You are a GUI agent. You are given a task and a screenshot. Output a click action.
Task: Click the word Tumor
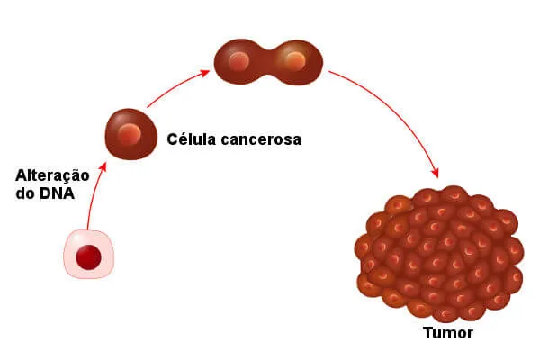click(x=448, y=333)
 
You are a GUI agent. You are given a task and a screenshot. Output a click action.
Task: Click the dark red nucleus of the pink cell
click(x=88, y=256)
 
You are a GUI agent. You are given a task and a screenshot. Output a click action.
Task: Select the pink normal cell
click(x=88, y=253)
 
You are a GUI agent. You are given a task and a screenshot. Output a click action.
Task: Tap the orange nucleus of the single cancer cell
click(x=131, y=135)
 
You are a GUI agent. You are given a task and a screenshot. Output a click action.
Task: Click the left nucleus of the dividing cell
click(x=238, y=61)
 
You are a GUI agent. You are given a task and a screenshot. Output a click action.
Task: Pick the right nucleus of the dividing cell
click(x=293, y=60)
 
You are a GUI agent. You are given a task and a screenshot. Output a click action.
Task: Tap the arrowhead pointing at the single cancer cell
click(x=107, y=166)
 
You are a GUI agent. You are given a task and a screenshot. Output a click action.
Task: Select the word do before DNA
click(x=26, y=193)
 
